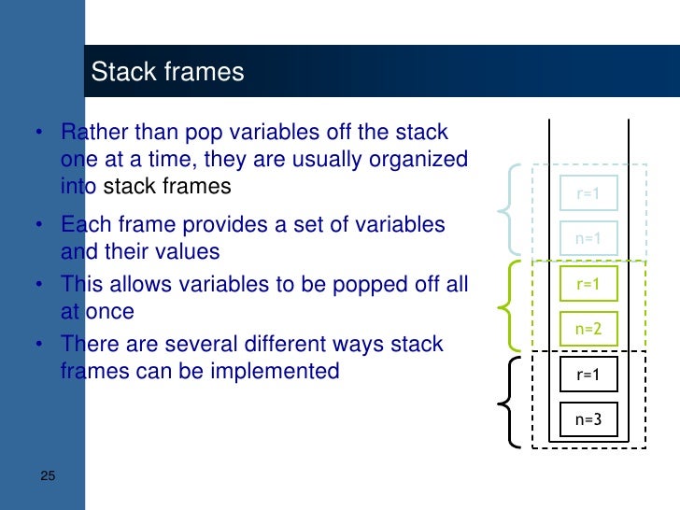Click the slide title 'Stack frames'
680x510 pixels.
pos(167,72)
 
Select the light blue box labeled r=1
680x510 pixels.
pos(588,194)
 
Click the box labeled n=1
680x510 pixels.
pos(588,238)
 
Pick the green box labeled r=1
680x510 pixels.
pos(588,284)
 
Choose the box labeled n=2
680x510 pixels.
pos(588,329)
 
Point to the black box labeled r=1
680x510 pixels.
pos(588,375)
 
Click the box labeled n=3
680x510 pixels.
pos(588,419)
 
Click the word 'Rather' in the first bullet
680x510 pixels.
pos(91,133)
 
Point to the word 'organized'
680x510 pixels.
pos(419,160)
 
